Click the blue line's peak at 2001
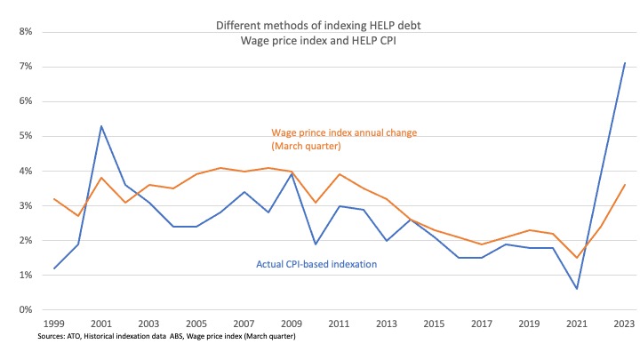(102, 126)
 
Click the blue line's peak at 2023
(625, 63)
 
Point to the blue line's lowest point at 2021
(577, 289)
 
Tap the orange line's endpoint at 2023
(625, 185)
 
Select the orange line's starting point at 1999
(54, 199)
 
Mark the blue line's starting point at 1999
(54, 268)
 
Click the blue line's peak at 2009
(292, 174)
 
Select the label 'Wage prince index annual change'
(344, 132)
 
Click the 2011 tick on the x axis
(340, 324)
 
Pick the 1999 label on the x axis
(54, 324)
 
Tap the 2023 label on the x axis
(625, 324)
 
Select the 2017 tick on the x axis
(482, 324)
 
